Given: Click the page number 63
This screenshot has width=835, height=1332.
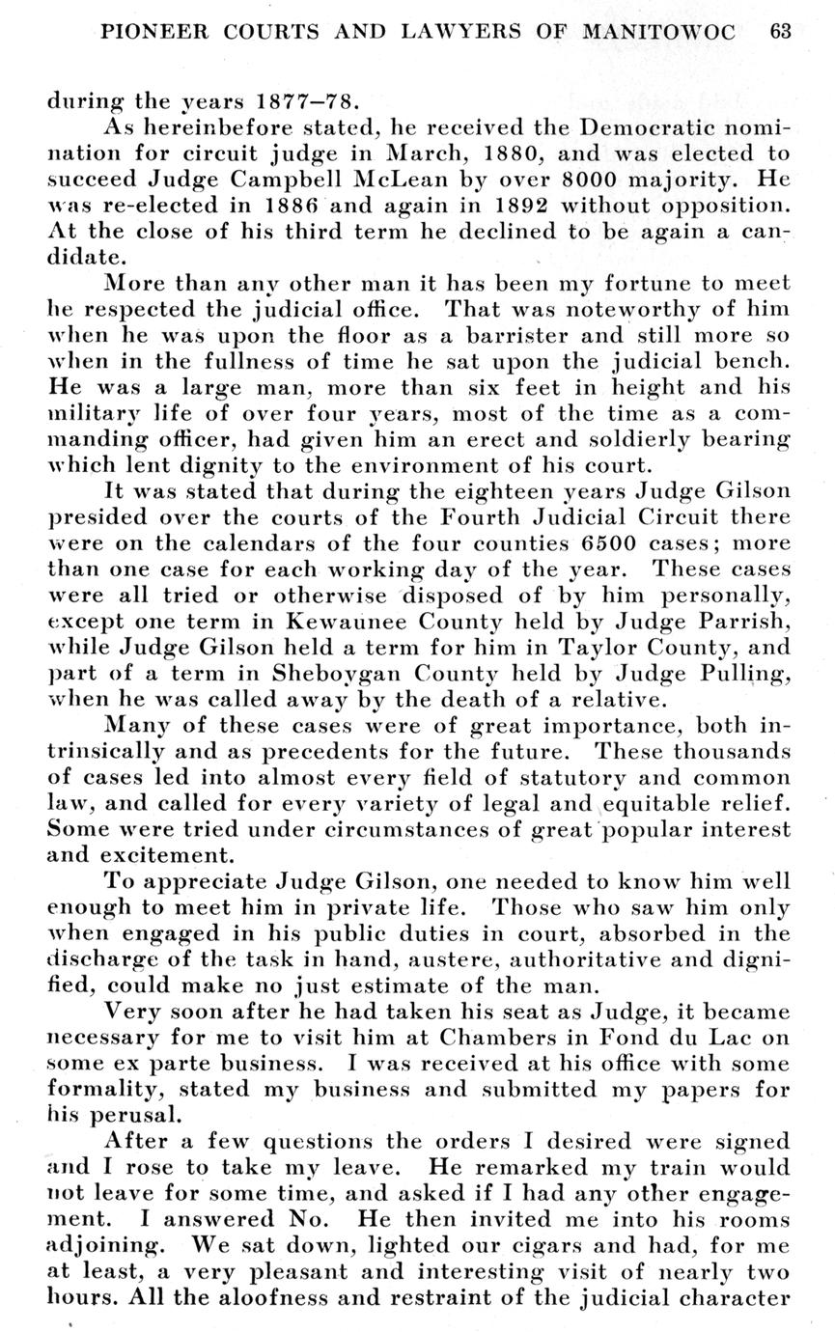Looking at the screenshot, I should (780, 31).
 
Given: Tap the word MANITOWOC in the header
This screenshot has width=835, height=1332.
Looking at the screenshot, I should (657, 31).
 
